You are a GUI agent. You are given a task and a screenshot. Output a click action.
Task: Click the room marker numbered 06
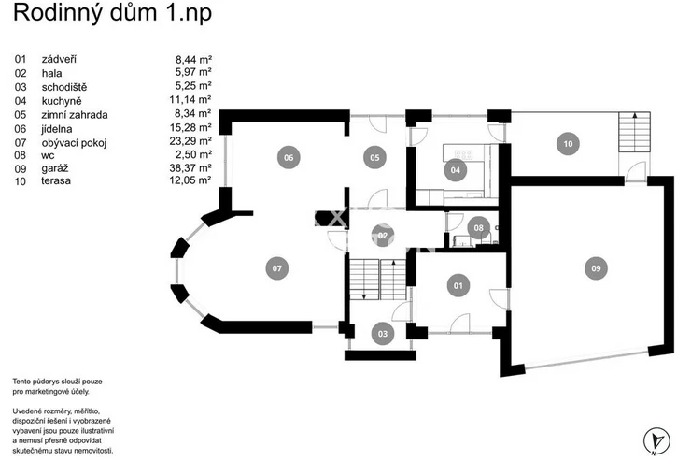pos(289,157)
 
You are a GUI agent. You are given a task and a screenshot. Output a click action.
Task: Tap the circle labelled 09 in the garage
pos(596,268)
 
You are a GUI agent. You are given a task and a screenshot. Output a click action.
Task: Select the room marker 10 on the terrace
pos(568,144)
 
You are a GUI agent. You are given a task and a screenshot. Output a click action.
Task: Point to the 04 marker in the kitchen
pos(456,170)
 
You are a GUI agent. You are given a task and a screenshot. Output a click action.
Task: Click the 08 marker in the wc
pos(479,228)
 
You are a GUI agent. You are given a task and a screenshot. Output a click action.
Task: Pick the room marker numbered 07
pos(276,268)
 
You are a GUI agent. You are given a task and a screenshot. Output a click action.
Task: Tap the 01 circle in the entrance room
pos(458,285)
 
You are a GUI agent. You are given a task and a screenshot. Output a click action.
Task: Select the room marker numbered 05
pos(374,157)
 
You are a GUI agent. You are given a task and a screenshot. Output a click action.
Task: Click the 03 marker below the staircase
pos(383,334)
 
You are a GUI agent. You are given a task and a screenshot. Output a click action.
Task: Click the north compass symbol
pos(656,440)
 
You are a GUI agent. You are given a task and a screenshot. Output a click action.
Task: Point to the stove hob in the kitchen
pos(463,154)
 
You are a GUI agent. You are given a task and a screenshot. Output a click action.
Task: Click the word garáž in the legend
pos(55,169)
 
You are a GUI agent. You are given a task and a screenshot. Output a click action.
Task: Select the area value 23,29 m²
pos(190,141)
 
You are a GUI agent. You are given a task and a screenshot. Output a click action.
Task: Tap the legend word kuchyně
pos(62,101)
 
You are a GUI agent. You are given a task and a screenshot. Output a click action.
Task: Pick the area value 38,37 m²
pos(190,168)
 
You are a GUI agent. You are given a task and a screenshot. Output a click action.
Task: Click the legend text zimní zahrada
pos(75,115)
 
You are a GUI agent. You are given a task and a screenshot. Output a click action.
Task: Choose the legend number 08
pos(20,155)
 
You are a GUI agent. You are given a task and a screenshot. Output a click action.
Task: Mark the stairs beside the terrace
pos(634,132)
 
